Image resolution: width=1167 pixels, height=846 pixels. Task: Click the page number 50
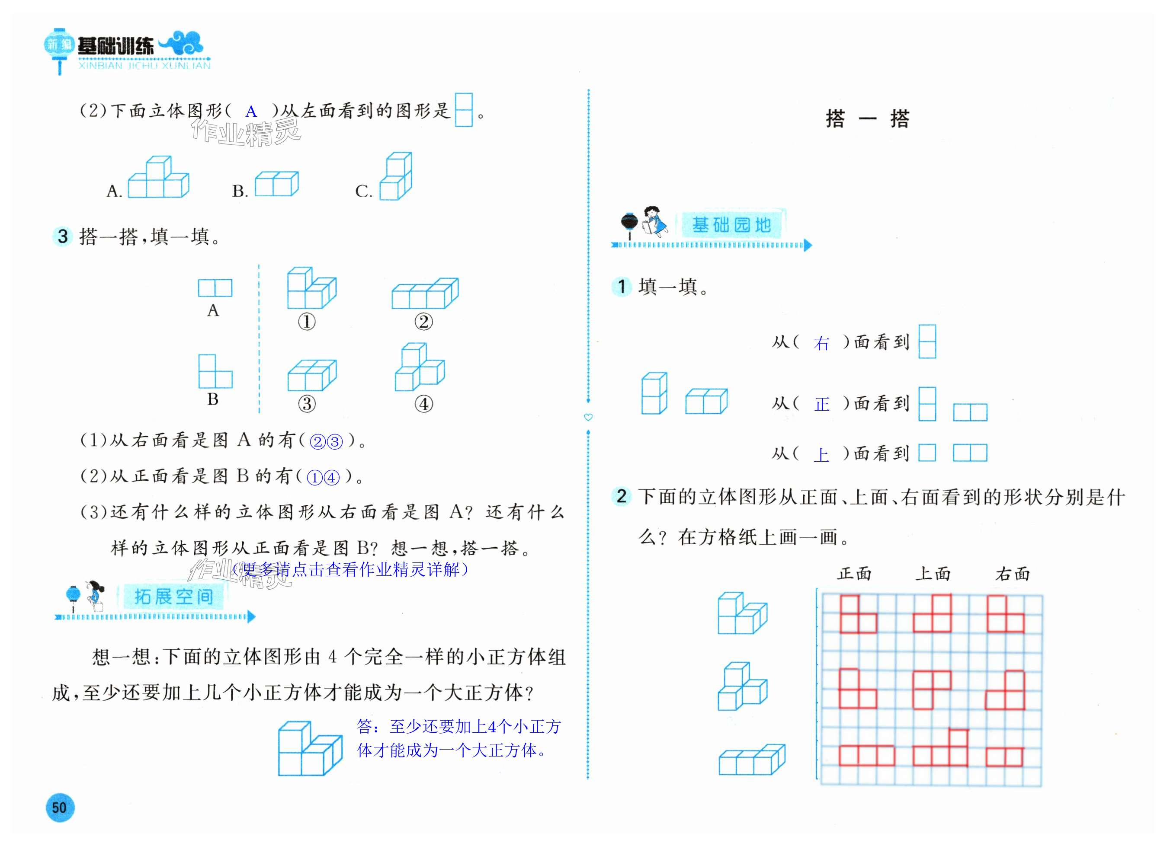coord(60,807)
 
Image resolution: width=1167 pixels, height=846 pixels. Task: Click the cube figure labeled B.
coord(276,184)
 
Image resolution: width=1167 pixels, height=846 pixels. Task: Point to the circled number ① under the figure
coord(307,322)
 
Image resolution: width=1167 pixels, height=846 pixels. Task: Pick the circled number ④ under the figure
coord(423,404)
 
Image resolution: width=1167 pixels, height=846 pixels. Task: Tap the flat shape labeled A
coord(215,288)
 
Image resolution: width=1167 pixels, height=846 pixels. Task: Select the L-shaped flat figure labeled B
coord(215,371)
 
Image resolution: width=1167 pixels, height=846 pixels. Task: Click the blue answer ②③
coord(326,442)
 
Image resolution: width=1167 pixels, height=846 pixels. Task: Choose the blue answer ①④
coord(323,478)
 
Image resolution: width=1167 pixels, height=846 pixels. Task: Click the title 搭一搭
coord(868,119)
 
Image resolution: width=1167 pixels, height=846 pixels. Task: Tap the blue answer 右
coord(822,343)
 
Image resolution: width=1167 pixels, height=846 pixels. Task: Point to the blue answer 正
coord(822,404)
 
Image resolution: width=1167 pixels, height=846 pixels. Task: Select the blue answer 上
coord(821,455)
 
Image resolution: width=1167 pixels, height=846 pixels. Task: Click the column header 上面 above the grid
coord(933,573)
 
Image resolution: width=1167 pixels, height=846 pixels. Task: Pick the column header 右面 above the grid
coord(1012,573)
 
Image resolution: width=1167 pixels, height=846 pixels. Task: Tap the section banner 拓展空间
coord(173,597)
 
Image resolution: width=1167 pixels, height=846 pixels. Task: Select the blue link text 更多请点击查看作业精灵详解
coord(350,569)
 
